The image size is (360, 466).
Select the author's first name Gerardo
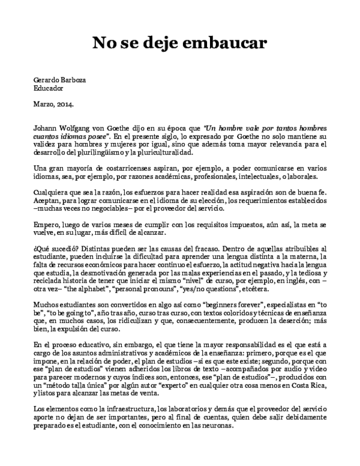(47, 80)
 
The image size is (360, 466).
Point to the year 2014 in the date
(65, 104)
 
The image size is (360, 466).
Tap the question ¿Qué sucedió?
(58, 247)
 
